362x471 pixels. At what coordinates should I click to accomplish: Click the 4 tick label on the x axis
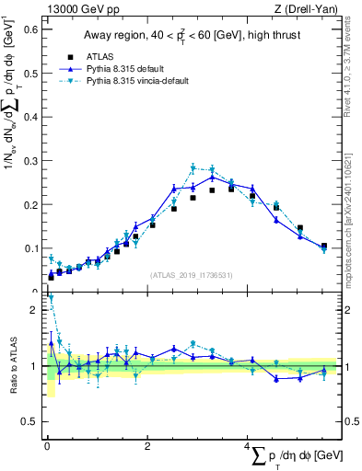pos(247,446)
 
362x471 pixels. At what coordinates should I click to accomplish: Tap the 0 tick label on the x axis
pos(47,446)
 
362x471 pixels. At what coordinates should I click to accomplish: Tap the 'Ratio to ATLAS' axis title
pos(12,364)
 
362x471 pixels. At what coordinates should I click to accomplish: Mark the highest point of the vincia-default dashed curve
pos(193,167)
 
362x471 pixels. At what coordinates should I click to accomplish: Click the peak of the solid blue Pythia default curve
pos(213,176)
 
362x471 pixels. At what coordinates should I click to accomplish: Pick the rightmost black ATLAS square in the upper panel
pos(323,246)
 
